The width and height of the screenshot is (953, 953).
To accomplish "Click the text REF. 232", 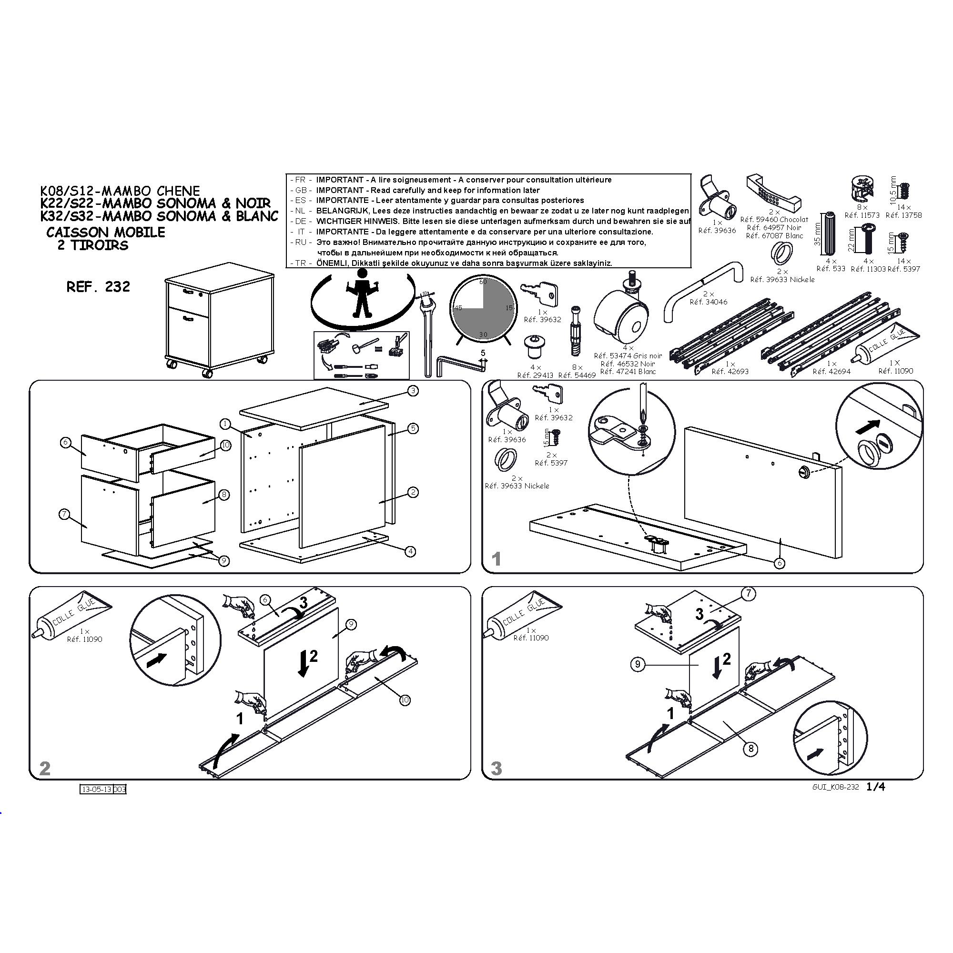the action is [98, 286].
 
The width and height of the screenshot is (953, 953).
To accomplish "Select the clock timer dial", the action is [483, 309].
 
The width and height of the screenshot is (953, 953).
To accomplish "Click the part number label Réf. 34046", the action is [709, 302].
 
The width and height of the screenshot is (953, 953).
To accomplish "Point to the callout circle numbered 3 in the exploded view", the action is [413, 391].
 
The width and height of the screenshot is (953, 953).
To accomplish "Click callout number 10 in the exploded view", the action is [225, 446].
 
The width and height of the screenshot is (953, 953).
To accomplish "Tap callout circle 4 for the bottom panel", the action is [410, 551].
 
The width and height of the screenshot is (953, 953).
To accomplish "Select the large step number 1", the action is [496, 559].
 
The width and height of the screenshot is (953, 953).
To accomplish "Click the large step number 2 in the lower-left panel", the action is [45, 768].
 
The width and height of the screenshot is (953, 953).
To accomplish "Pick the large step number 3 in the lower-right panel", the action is [496, 768].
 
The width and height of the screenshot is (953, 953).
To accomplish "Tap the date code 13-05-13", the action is [97, 789].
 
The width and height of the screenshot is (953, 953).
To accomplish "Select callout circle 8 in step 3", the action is [750, 749].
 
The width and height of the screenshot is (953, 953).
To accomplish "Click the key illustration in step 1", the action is [548, 393].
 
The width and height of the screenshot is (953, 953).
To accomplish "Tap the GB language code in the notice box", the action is [301, 191].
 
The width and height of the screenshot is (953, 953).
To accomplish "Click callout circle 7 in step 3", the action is [749, 594].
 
